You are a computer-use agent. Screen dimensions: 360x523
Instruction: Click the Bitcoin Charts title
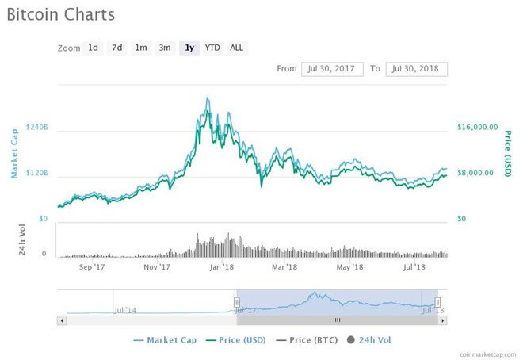point(60,14)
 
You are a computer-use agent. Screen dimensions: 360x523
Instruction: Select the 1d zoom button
point(93,48)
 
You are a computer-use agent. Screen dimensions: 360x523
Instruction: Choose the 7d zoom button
point(116,48)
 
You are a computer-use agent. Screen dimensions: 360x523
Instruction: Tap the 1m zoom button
point(140,48)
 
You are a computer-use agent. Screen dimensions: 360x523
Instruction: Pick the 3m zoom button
point(164,48)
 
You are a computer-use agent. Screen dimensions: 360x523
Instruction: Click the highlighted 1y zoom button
point(189,48)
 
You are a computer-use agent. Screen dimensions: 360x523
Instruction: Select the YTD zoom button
point(212,48)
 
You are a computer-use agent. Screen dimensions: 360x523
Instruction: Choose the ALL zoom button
point(236,48)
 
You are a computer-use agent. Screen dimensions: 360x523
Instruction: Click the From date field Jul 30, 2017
point(331,69)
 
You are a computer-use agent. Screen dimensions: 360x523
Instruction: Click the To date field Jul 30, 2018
point(417,69)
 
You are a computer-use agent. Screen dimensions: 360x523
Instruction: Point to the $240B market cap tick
point(37,127)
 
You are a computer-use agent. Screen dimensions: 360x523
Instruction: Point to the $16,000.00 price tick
point(478,127)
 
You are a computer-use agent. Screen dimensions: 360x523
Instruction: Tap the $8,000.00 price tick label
point(478,173)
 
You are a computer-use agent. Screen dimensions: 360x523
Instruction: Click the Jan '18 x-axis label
point(222,267)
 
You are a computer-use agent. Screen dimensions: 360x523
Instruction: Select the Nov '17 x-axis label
point(157,267)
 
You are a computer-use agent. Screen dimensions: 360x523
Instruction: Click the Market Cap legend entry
point(165,339)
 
